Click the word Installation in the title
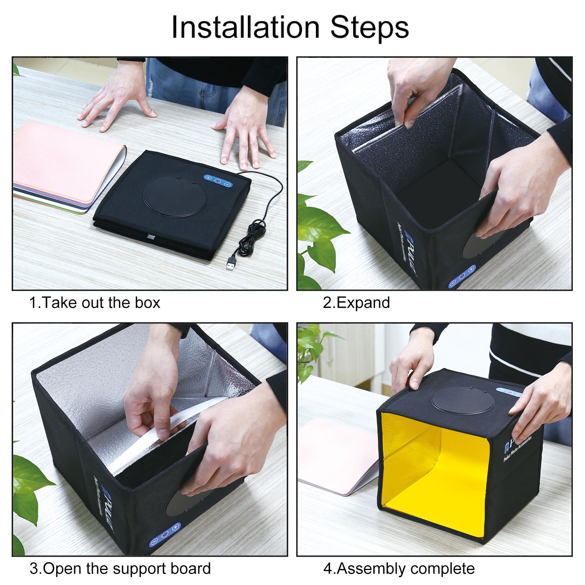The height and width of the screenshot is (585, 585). tap(246, 28)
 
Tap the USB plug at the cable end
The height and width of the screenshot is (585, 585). tap(231, 264)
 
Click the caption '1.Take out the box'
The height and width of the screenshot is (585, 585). tap(94, 303)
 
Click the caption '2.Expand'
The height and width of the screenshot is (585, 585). tap(356, 303)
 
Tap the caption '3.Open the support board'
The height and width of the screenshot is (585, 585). tap(120, 569)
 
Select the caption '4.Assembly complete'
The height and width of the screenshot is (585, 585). tap(399, 569)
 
